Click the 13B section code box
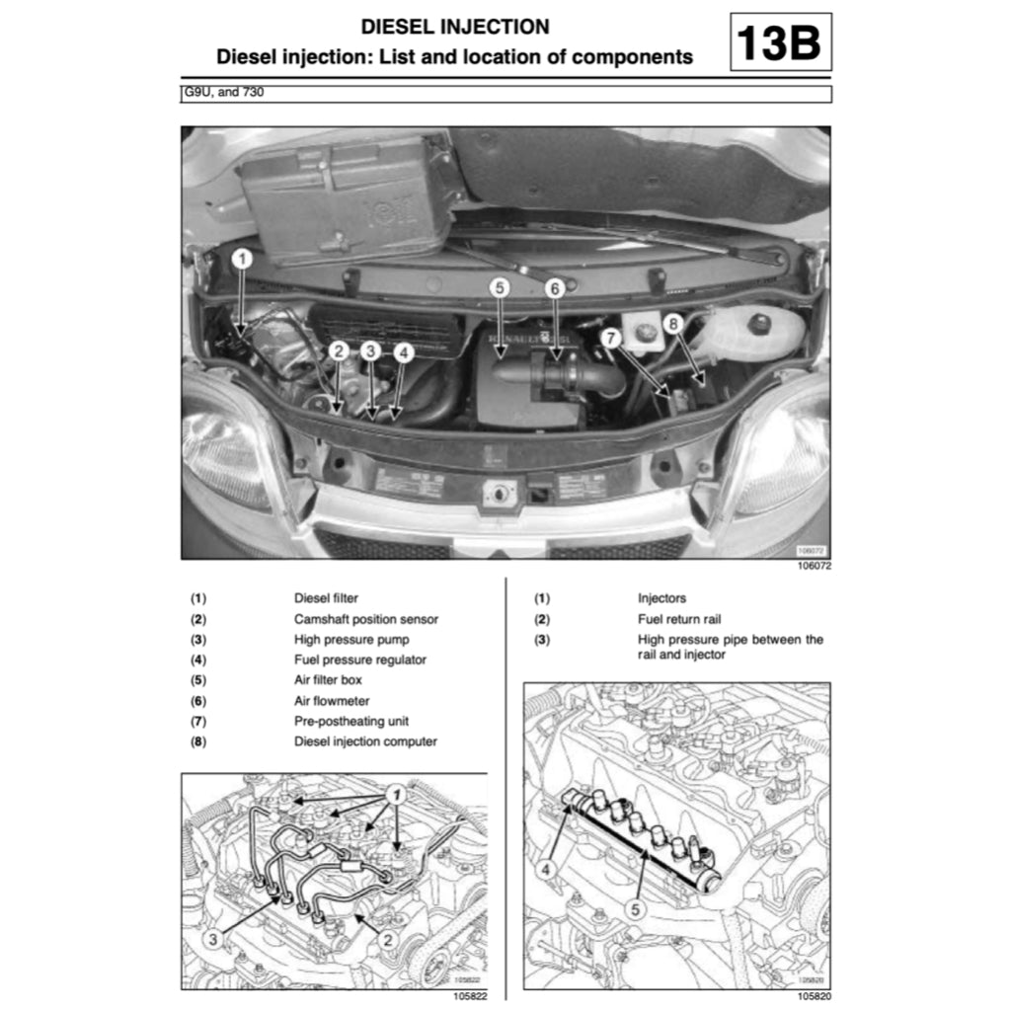click(x=780, y=41)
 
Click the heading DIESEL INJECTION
click(x=455, y=27)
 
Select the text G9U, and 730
click(x=226, y=94)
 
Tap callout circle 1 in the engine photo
click(x=243, y=259)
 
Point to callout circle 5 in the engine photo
click(x=500, y=287)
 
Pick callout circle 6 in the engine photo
click(x=555, y=287)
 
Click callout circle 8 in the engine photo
click(x=673, y=323)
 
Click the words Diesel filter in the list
click(x=326, y=598)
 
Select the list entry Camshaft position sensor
click(x=365, y=619)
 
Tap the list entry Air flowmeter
click(x=332, y=701)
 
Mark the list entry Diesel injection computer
click(x=365, y=741)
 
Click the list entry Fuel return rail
click(x=679, y=619)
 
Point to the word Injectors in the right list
click(x=661, y=598)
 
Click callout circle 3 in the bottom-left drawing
click(x=213, y=941)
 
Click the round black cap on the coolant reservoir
click(x=762, y=324)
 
